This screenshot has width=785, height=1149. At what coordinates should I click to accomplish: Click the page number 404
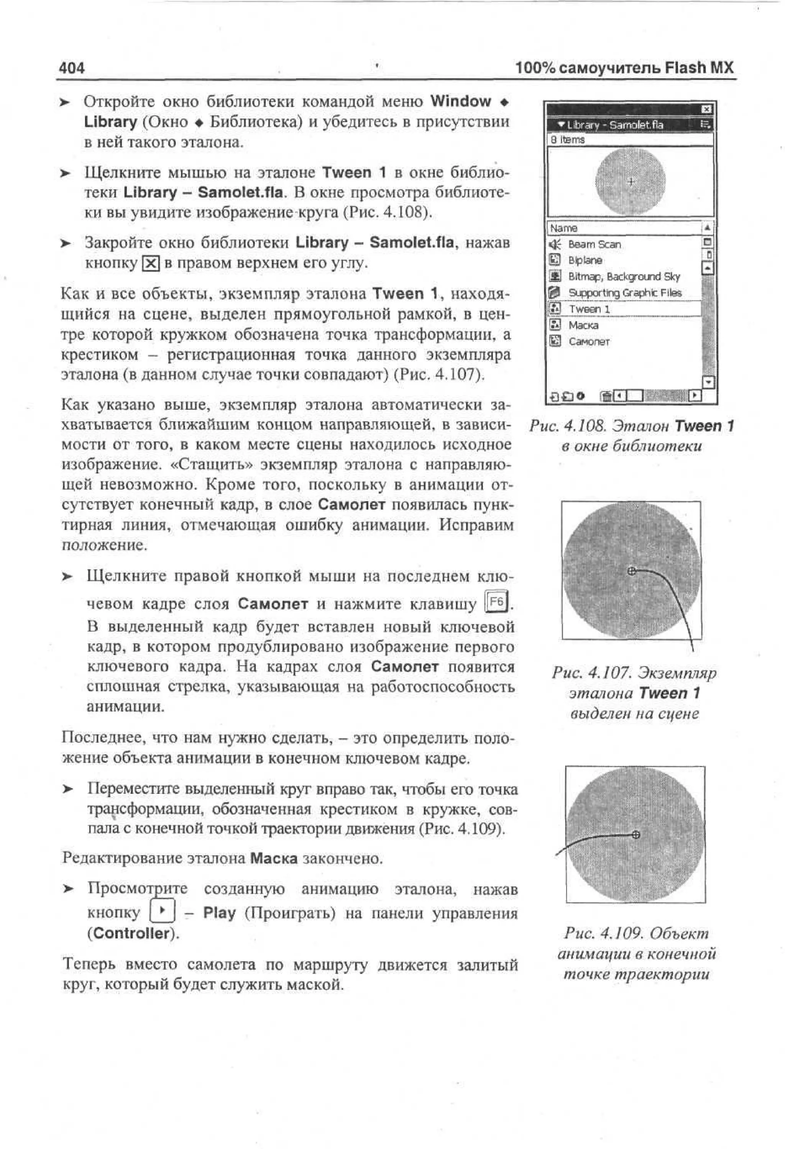(72, 68)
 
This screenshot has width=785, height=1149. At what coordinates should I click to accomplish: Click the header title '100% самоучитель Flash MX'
(624, 67)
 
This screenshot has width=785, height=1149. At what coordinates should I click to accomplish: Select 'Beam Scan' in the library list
(594, 244)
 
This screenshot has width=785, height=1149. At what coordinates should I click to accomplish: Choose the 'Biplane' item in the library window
(585, 260)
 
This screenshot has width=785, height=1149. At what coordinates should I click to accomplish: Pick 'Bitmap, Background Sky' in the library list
(624, 276)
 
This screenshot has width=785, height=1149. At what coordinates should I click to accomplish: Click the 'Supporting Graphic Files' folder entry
(625, 293)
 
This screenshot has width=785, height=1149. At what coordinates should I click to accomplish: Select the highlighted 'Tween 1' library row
(589, 309)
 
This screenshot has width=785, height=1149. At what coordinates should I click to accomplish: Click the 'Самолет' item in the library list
(589, 342)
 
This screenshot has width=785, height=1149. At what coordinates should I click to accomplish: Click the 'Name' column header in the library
(564, 228)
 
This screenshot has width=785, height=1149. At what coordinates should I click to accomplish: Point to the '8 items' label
(568, 140)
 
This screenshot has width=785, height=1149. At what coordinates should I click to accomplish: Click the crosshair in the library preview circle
(631, 182)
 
